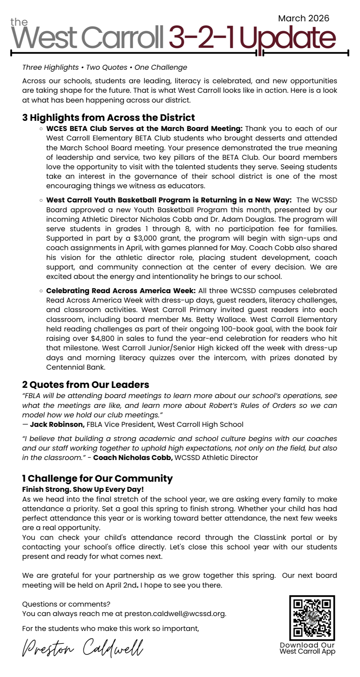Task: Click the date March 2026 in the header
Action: click(x=303, y=18)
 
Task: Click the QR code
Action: click(x=312, y=618)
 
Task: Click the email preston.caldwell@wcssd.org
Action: click(x=175, y=613)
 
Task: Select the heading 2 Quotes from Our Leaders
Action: click(x=85, y=385)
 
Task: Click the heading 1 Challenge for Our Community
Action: click(x=97, y=478)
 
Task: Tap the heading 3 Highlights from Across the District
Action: click(x=108, y=117)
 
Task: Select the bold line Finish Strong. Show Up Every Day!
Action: click(x=83, y=489)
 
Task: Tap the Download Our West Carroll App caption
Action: click(x=307, y=648)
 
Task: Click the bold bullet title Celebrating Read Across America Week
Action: click(x=121, y=291)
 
